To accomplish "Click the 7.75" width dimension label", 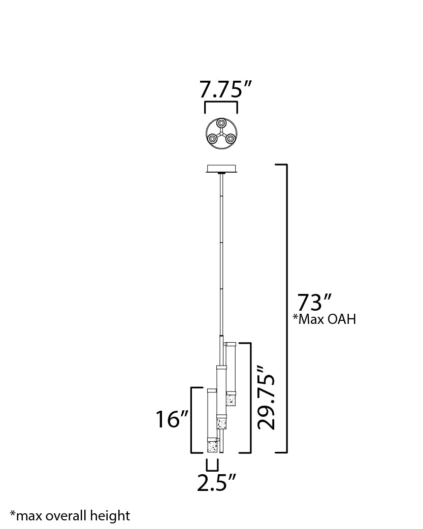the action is (x=226, y=89).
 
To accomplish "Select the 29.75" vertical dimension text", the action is (x=267, y=397).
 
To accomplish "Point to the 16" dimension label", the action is (x=171, y=419).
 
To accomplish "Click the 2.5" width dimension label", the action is (x=216, y=482).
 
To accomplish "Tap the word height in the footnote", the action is (x=110, y=516).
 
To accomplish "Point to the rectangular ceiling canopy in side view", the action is (x=222, y=169).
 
